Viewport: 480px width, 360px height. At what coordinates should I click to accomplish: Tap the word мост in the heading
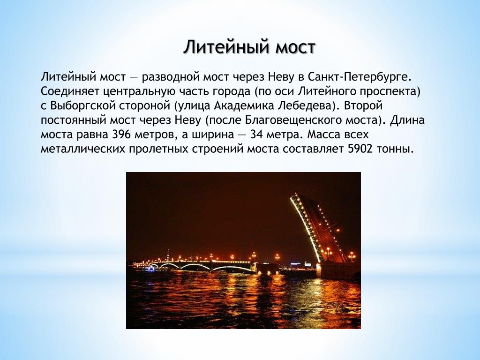[295, 48]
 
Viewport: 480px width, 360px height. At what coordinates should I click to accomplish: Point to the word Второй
[364, 105]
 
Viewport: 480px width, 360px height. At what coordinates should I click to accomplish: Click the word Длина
[407, 120]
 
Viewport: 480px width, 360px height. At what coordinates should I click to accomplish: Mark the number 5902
[360, 149]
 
